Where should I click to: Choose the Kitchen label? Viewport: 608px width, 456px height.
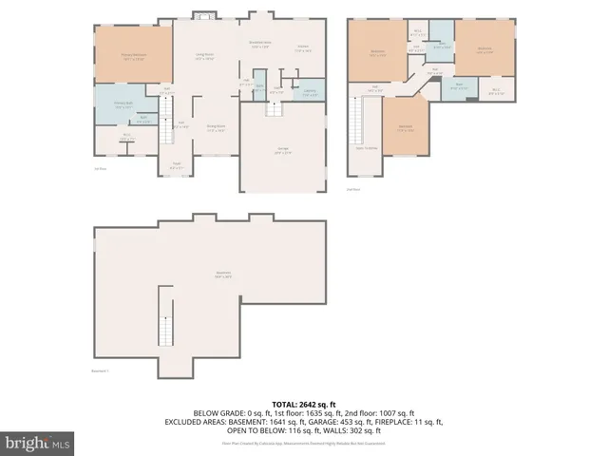[303, 47]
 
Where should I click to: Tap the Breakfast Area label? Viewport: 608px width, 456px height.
[261, 44]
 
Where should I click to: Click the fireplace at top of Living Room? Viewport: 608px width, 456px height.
[203, 15]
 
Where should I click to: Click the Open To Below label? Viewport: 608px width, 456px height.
[367, 148]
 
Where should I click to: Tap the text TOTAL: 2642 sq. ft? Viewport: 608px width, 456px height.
[305, 403]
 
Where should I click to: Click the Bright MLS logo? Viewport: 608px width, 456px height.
[37, 443]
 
